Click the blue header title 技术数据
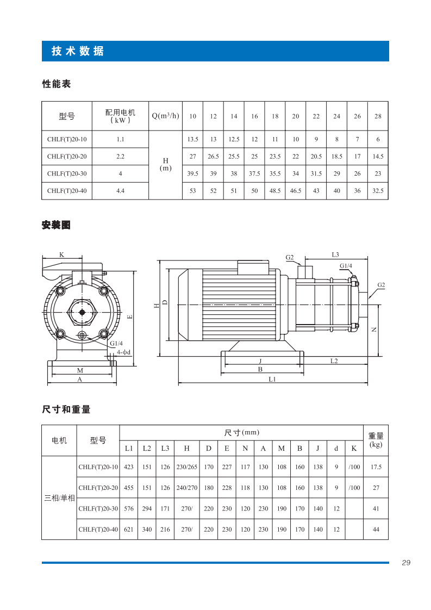pyautogui.click(x=78, y=52)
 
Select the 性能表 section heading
pyautogui.click(x=57, y=84)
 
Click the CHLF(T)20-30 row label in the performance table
pyautogui.click(x=67, y=174)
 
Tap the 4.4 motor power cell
pyautogui.click(x=120, y=191)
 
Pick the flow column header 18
pyautogui.click(x=275, y=116)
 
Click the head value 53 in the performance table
pyautogui.click(x=192, y=191)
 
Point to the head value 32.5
pyautogui.click(x=378, y=191)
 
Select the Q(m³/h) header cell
pyautogui.click(x=165, y=116)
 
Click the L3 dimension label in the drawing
pyautogui.click(x=335, y=254)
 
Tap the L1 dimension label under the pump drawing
pyautogui.click(x=272, y=379)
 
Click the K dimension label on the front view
pyautogui.click(x=62, y=254)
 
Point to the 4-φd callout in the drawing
pyautogui.click(x=124, y=352)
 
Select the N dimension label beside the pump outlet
pyautogui.click(x=374, y=329)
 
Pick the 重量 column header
pyautogui.click(x=376, y=436)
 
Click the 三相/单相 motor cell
pyautogui.click(x=59, y=498)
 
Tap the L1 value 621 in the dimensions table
pyautogui.click(x=129, y=529)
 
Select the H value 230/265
pyautogui.click(x=186, y=467)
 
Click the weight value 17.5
pyautogui.click(x=376, y=467)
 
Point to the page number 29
pyautogui.click(x=406, y=563)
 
